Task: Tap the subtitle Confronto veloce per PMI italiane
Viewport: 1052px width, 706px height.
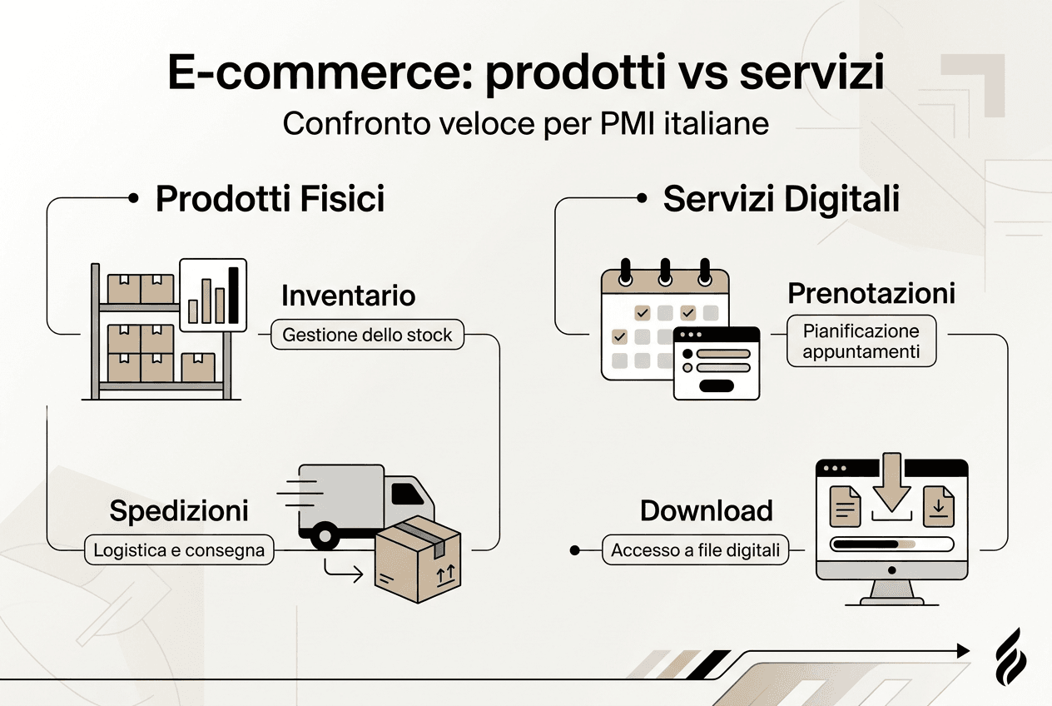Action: click(525, 124)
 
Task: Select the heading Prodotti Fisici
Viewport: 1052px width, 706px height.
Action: click(270, 201)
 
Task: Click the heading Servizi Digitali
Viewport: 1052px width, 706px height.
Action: click(781, 201)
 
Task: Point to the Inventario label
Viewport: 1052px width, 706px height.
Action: click(348, 296)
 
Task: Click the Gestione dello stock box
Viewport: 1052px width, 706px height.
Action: click(367, 336)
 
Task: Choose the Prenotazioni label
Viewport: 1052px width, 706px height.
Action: click(871, 294)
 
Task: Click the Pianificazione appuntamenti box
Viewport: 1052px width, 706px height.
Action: click(861, 341)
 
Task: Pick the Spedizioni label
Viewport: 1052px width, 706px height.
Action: click(179, 510)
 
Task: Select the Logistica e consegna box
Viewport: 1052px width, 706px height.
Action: click(179, 549)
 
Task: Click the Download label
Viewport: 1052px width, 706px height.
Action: click(706, 510)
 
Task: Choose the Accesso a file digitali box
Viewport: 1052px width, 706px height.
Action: click(695, 550)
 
